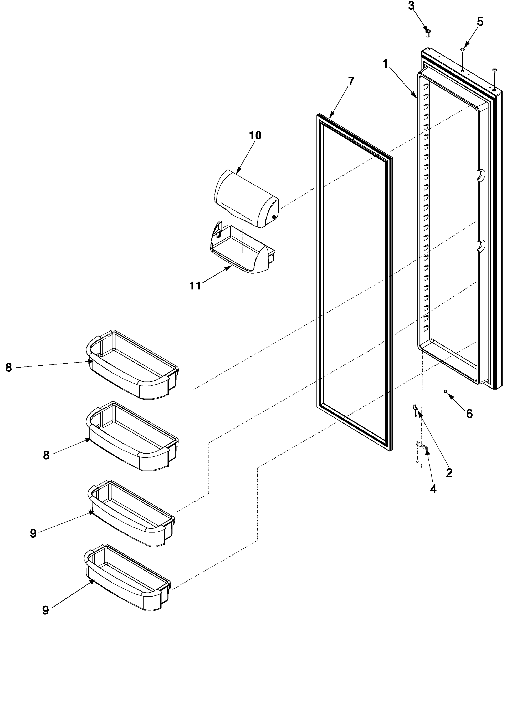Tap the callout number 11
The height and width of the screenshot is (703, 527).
195,286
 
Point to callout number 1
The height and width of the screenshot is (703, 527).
385,64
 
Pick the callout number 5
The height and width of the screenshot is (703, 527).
480,22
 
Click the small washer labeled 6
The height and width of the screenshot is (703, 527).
446,392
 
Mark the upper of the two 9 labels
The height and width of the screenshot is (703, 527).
33,533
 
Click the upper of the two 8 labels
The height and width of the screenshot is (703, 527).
9,368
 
